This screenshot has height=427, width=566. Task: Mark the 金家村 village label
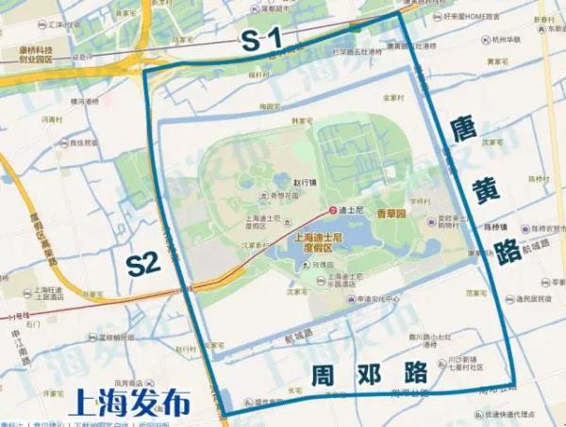tap(392, 97)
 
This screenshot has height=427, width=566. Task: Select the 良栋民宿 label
tap(81, 143)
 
